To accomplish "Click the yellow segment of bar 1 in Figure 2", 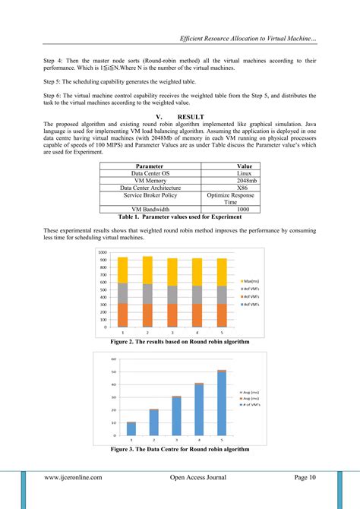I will pos(122,270).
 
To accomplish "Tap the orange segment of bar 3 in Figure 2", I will pos(172,315).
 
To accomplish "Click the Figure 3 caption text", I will pos(180,449).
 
